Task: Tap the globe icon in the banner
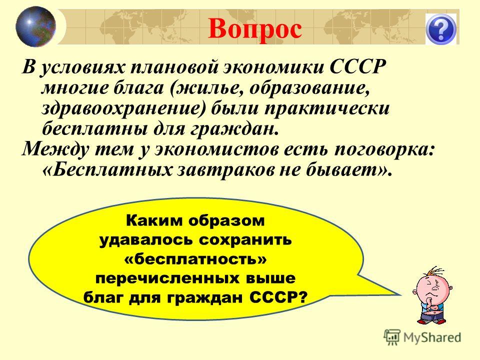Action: [x=36, y=27]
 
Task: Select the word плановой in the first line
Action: [x=174, y=67]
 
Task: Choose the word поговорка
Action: [x=384, y=149]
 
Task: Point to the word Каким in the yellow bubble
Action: [x=155, y=220]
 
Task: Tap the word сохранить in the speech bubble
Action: [x=245, y=240]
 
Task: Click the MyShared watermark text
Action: [x=432, y=338]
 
